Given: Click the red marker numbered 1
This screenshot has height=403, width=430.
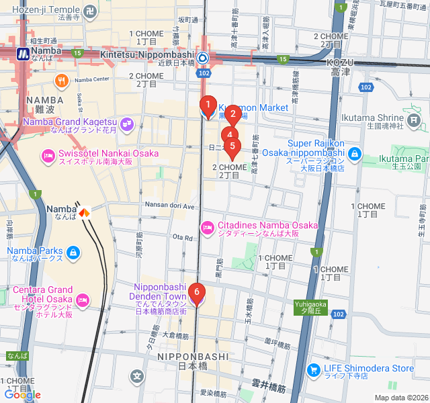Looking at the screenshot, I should [208, 105].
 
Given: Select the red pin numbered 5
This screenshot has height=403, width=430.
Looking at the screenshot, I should [233, 146].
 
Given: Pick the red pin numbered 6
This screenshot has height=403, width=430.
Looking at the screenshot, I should [196, 292].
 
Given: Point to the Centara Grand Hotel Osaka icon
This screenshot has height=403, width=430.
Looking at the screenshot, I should [83, 299].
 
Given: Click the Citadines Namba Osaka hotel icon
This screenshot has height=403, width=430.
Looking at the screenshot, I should [208, 229].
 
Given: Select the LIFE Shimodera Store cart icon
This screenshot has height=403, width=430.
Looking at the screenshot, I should [313, 369].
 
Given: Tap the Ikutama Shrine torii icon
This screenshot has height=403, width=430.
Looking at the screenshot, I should [414, 122].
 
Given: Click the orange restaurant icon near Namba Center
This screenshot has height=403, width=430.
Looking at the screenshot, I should [62, 81].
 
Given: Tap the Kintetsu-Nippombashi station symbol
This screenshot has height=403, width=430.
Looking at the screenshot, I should [202, 57].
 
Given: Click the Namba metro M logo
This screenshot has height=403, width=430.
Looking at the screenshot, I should [24, 53].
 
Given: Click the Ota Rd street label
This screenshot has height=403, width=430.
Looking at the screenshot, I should [183, 237].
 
